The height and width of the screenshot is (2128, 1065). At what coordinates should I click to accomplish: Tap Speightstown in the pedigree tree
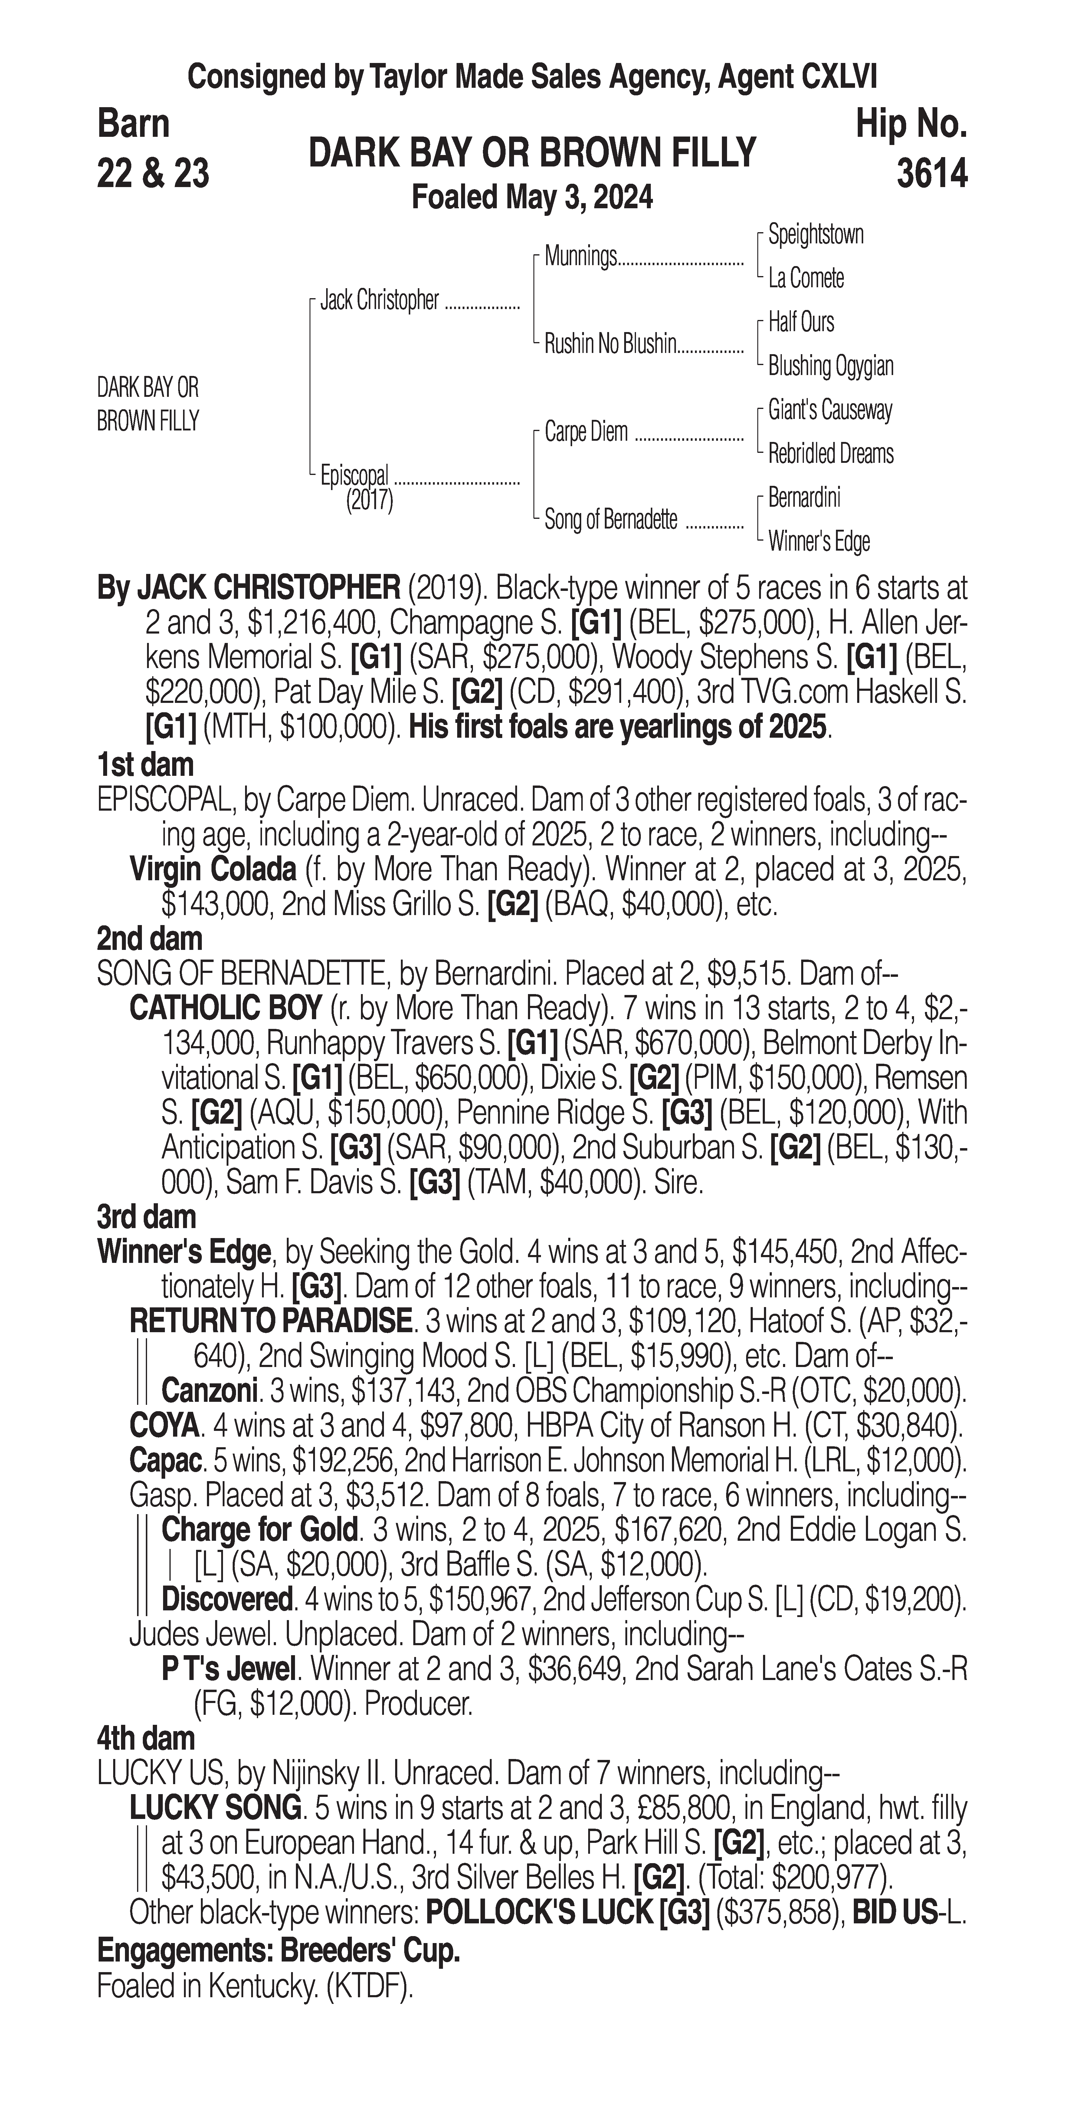pos(816,235)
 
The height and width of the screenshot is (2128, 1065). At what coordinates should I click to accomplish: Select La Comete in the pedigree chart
pos(806,278)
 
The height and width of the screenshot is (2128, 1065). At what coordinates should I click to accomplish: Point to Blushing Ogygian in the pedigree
pos(831,366)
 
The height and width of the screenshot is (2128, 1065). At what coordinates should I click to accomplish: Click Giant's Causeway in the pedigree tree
pos(830,410)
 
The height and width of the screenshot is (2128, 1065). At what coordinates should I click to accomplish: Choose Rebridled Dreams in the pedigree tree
pos(831,453)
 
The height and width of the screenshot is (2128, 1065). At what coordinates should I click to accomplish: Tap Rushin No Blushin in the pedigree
pos(610,344)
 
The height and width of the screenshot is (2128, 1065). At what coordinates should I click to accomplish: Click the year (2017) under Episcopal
pos(369,501)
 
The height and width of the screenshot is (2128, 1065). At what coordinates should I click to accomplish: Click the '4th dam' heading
pos(145,1738)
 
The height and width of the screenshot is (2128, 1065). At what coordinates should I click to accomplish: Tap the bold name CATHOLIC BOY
pos(225,1009)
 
